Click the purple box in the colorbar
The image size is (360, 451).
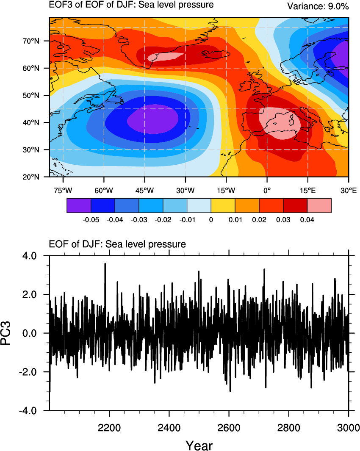(x=79, y=205)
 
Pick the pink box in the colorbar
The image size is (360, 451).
(x=319, y=205)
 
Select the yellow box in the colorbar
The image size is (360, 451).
(x=223, y=205)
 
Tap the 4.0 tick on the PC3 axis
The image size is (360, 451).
(x=36, y=256)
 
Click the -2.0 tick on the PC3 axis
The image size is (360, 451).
(x=34, y=372)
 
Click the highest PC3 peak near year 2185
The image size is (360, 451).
(x=105, y=264)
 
